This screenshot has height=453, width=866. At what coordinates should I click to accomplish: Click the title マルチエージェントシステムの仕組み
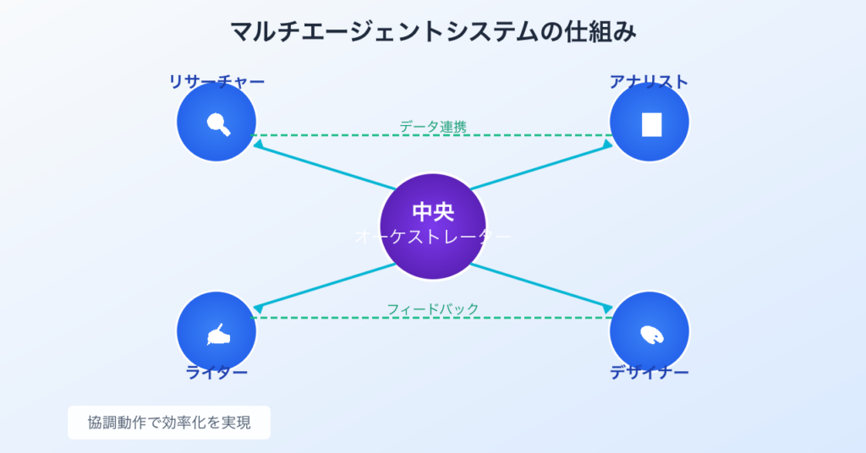pos(433,32)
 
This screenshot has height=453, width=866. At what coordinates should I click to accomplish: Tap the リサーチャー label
pos(216,82)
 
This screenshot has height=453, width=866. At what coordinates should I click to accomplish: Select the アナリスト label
pos(649,82)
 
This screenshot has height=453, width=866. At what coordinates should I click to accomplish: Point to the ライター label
pos(216,373)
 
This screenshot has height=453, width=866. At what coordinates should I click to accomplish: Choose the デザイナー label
pos(649,373)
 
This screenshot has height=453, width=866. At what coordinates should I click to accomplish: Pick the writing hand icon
pos(218,335)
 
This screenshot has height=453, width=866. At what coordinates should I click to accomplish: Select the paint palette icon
pos(651,335)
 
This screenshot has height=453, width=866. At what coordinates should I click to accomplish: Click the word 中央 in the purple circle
pos(433,212)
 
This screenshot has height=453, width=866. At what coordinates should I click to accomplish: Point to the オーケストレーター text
pos(433,237)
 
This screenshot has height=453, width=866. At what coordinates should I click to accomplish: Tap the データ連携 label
pos(433,127)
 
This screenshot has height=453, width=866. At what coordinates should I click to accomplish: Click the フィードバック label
pos(433,308)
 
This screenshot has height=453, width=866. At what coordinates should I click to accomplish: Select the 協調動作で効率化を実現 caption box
pos(169,423)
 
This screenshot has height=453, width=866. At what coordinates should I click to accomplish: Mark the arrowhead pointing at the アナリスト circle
pos(607,145)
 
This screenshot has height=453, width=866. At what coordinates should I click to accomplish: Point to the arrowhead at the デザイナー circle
pos(607,306)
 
